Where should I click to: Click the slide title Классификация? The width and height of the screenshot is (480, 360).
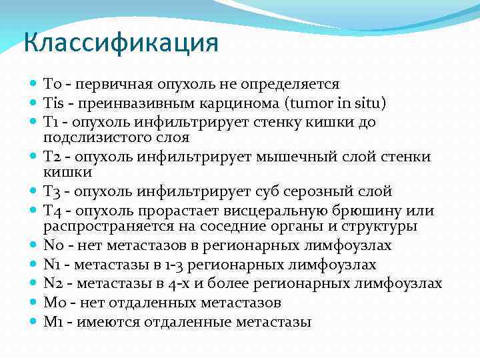tap(121, 43)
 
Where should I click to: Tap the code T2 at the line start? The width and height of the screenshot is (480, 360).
tap(53, 157)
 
